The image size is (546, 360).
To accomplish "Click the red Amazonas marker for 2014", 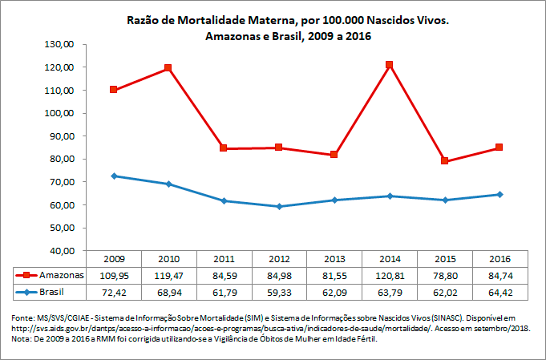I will (x=389, y=65).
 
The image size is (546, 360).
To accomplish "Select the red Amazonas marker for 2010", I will (x=168, y=68).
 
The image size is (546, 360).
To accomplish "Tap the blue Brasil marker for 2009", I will (x=113, y=176).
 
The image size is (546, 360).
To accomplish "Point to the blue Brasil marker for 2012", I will (x=278, y=206).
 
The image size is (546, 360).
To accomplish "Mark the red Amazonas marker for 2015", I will (x=444, y=161).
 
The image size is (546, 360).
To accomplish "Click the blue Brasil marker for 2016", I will (x=499, y=194).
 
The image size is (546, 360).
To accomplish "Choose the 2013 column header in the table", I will (x=334, y=259).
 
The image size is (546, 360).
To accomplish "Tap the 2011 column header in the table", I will (x=223, y=259).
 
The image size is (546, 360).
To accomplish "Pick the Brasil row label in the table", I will (x=51, y=289).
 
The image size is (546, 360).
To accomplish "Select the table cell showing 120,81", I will (x=389, y=274).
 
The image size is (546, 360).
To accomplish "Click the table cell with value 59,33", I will (x=278, y=289).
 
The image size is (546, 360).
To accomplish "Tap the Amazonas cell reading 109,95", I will (x=113, y=274).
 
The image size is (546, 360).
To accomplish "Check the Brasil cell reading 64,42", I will (x=499, y=289).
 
